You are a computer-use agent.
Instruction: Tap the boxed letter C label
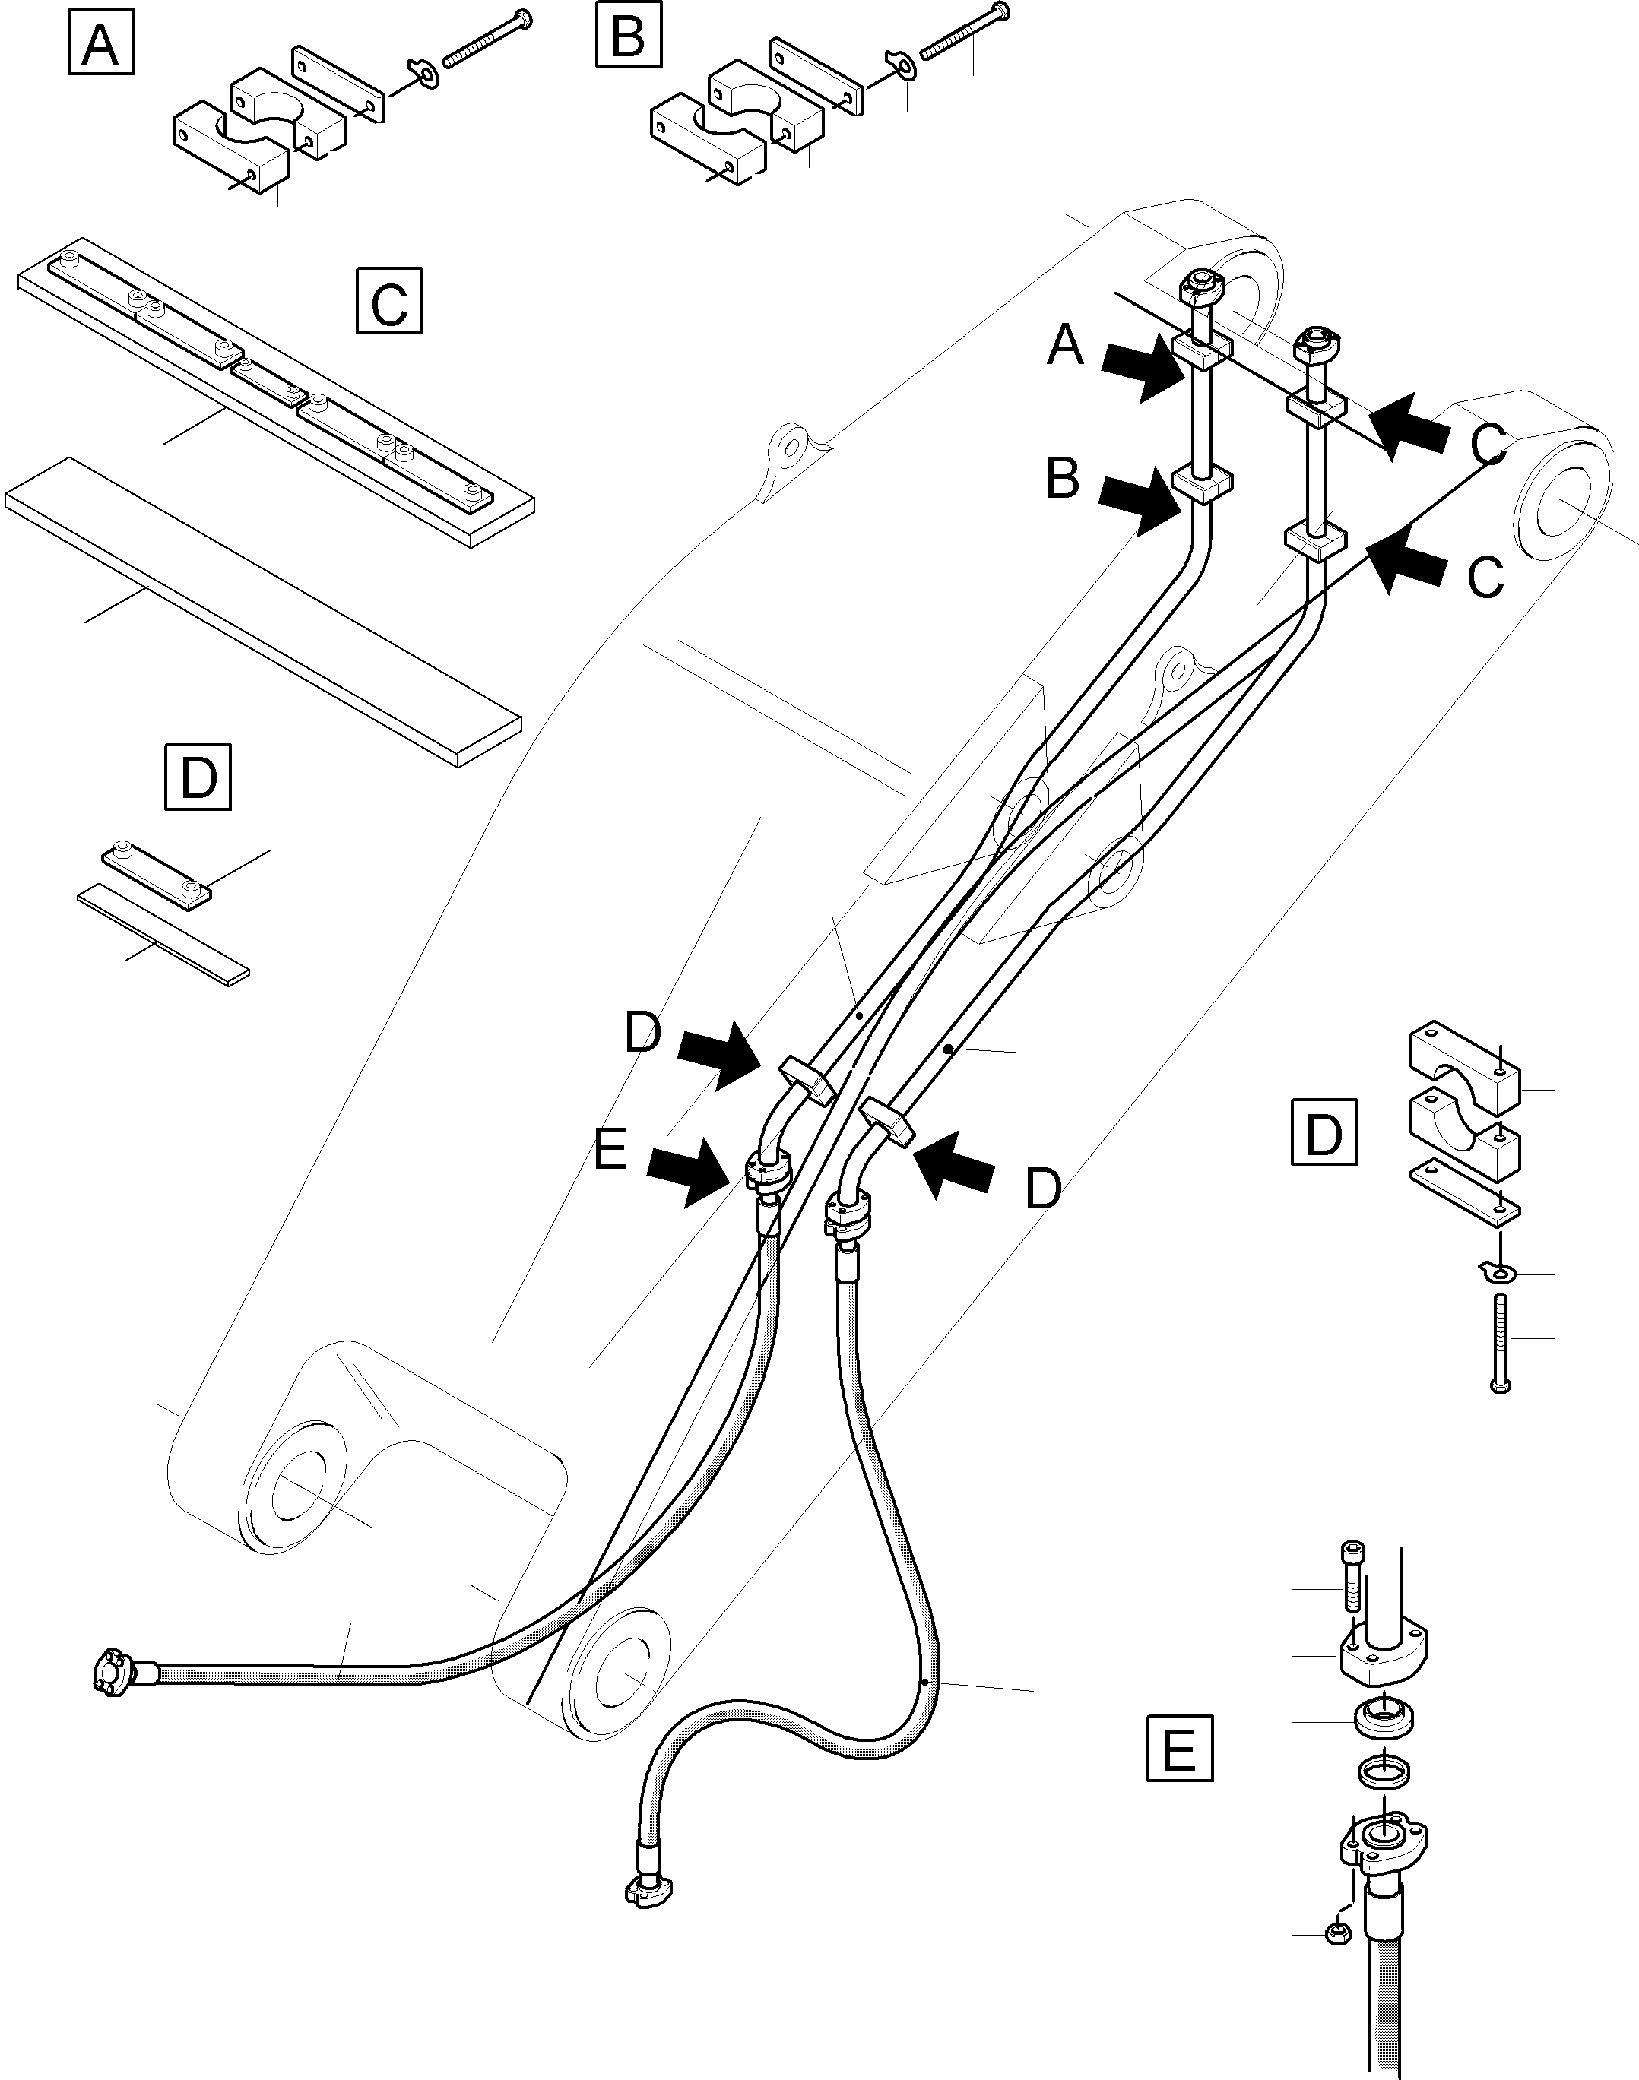(x=388, y=300)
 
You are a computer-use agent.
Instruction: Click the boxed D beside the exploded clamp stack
(x=1324, y=1133)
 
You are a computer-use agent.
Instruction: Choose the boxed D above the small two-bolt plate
(x=198, y=776)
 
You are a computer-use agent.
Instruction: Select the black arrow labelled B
(x=1141, y=504)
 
